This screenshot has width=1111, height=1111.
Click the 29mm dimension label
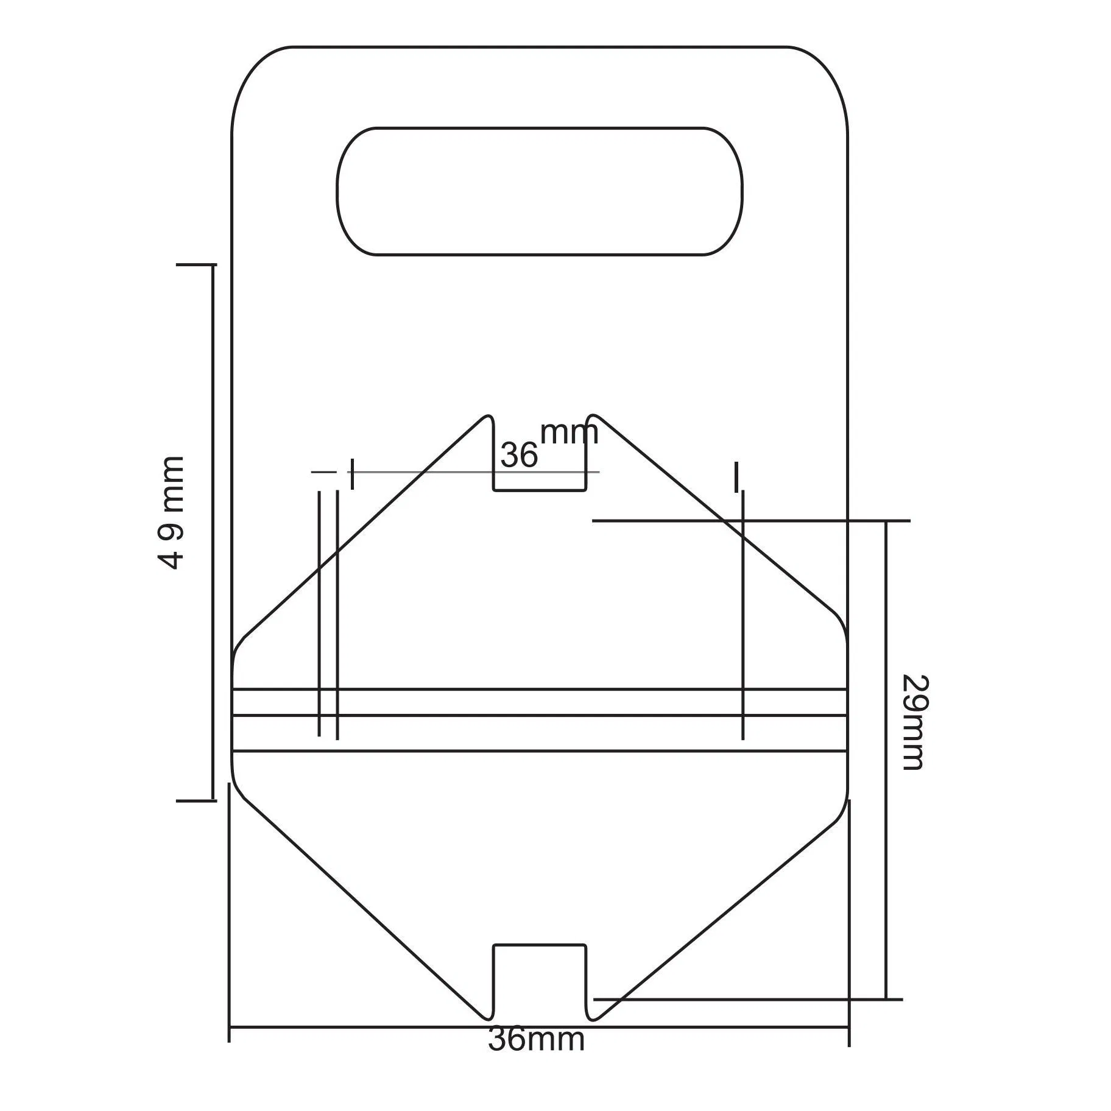pos(914,722)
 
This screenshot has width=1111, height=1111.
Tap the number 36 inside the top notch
pos(519,455)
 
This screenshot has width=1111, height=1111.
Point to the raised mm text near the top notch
pos(569,432)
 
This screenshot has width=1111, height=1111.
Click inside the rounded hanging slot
pos(540,191)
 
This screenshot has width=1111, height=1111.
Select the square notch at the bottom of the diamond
pos(540,975)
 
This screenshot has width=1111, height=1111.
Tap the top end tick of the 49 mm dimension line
pos(196,265)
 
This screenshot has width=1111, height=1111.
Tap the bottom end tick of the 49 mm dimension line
pos(196,800)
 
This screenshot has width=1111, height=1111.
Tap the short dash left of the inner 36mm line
pos(323,471)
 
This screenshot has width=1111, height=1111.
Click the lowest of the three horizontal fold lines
pos(540,751)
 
